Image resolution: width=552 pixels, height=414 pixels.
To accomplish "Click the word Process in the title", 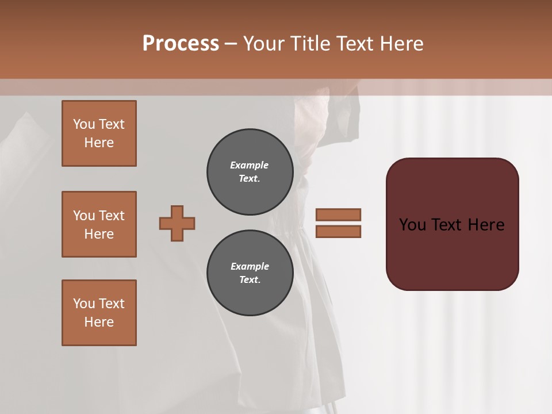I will (181, 44).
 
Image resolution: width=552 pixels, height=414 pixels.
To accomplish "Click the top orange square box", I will (99, 133).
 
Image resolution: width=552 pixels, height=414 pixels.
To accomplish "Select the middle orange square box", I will (99, 224).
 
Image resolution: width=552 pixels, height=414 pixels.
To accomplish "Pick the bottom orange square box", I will (99, 313).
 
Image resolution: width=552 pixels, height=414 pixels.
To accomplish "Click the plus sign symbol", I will (177, 223).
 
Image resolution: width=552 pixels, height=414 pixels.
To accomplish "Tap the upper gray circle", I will (250, 172).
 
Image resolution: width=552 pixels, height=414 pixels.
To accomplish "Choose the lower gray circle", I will (250, 273).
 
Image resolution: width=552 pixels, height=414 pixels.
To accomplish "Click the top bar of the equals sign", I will (338, 214).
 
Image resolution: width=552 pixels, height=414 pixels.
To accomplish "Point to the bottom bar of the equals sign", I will (338, 231).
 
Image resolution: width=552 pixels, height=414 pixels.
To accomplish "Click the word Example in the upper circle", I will (250, 165).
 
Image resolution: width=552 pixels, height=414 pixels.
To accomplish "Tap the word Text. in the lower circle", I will (250, 280).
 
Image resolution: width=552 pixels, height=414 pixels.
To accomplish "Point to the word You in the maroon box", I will (413, 225).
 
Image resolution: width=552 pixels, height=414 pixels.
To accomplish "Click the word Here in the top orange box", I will (99, 143).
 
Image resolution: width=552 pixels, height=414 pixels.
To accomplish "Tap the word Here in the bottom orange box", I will (99, 322).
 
